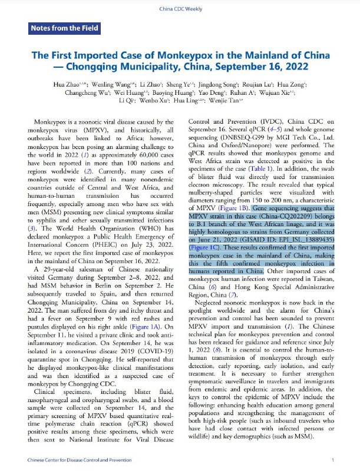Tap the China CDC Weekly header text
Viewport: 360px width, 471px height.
180,9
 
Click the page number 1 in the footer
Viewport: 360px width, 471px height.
333,460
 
